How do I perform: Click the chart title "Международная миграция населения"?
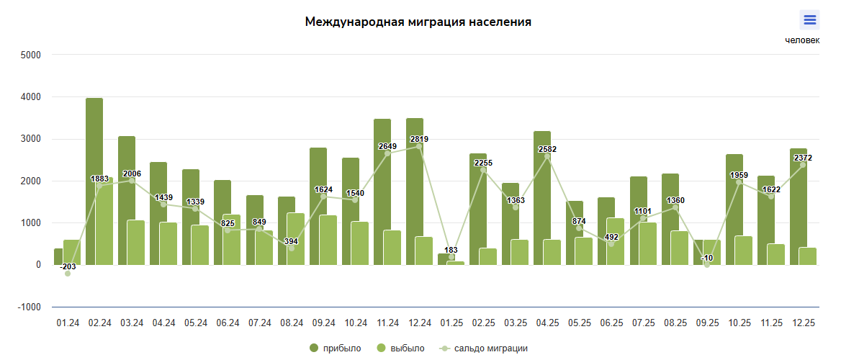(x=418, y=22)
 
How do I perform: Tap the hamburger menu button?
(x=809, y=20)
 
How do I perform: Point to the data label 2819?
(x=419, y=139)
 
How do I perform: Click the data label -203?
(x=68, y=266)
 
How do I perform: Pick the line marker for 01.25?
(x=451, y=257)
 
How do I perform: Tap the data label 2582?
(x=547, y=149)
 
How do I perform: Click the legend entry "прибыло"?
(x=336, y=348)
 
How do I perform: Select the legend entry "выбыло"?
(x=400, y=348)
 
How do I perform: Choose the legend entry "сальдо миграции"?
(x=484, y=348)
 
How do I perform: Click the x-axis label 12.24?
(x=419, y=323)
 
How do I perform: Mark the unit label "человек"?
(x=801, y=40)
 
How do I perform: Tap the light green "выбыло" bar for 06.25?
(x=616, y=241)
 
